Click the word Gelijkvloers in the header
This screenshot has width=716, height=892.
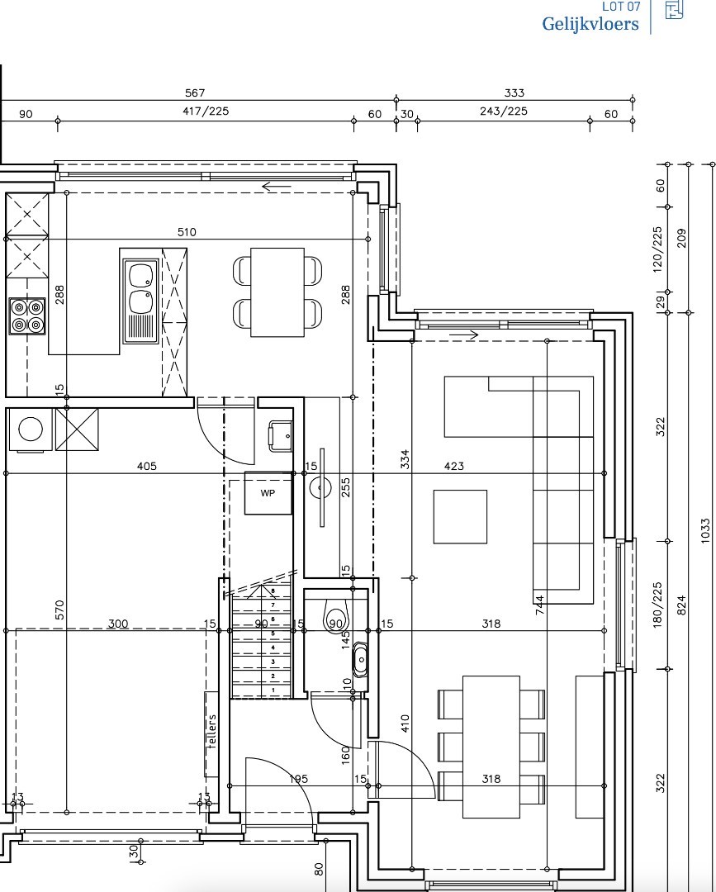(x=590, y=25)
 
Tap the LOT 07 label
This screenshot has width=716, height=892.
(x=620, y=7)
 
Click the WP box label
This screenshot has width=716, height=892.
(x=268, y=493)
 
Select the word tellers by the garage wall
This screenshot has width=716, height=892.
(x=212, y=731)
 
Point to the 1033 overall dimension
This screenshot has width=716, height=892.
(x=705, y=530)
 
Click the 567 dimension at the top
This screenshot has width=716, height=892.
(x=195, y=93)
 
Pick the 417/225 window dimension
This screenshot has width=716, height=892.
(x=206, y=111)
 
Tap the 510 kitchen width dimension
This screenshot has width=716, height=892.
(x=187, y=231)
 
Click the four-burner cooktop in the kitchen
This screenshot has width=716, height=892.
(x=27, y=316)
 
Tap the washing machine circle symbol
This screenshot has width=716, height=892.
(x=31, y=429)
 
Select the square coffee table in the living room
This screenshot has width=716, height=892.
(x=460, y=516)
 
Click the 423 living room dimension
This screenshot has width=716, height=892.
(x=453, y=467)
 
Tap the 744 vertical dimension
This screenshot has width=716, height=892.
(x=539, y=604)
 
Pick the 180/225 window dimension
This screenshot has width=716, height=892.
(x=658, y=605)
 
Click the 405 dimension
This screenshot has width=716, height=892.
(x=147, y=467)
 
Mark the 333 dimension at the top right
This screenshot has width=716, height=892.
(x=514, y=93)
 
